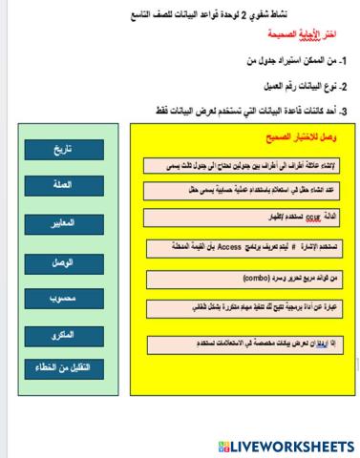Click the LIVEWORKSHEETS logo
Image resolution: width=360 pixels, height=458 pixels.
click(286, 446)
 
